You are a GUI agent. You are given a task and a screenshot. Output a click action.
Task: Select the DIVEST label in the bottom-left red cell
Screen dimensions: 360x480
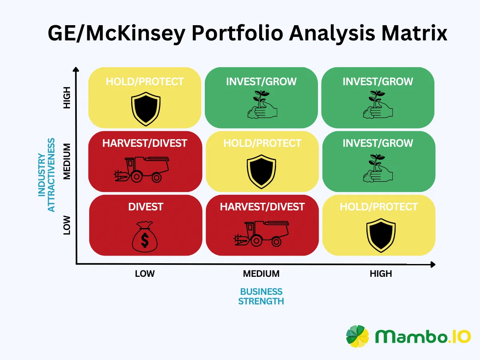[146, 207]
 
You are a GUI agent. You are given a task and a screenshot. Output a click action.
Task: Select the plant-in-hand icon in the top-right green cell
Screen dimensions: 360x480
[378, 105]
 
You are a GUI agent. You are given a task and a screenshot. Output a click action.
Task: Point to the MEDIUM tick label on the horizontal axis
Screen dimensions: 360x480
[261, 274]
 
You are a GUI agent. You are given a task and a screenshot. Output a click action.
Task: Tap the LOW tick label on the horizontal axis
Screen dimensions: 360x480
[145, 274]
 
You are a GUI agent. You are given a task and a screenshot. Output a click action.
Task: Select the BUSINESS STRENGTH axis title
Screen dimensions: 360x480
[261, 296]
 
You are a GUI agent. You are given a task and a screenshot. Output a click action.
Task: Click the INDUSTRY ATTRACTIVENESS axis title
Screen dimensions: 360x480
[47, 175]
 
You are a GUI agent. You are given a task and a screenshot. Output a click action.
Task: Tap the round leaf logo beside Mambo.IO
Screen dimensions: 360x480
[358, 336]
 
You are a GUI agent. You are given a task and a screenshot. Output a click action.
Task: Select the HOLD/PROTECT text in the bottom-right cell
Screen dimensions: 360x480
[378, 207]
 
